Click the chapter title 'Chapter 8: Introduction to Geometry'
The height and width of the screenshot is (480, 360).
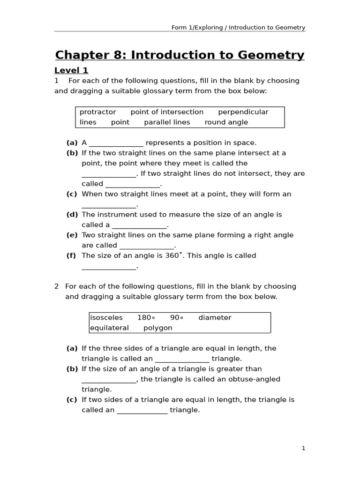click(x=180, y=55)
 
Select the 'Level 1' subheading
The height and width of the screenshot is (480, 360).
click(x=71, y=71)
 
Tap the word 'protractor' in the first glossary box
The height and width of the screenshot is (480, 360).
click(x=97, y=112)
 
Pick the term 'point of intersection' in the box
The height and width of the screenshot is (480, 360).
click(x=167, y=112)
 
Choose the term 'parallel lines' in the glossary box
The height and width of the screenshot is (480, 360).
click(x=167, y=122)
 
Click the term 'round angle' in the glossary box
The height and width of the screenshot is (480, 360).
click(x=226, y=122)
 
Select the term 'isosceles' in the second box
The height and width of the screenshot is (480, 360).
click(x=106, y=318)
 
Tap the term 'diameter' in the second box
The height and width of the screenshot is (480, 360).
click(x=215, y=318)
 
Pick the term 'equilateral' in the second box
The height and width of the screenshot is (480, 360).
click(x=109, y=328)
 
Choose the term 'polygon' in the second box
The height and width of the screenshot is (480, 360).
click(x=158, y=328)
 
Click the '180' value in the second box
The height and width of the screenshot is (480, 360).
click(x=145, y=318)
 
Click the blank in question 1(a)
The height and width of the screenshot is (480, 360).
click(x=116, y=143)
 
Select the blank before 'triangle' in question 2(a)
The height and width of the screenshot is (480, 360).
click(x=182, y=360)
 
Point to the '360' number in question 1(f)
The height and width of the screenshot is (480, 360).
click(x=172, y=256)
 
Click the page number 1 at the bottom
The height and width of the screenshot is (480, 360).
click(x=303, y=449)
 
